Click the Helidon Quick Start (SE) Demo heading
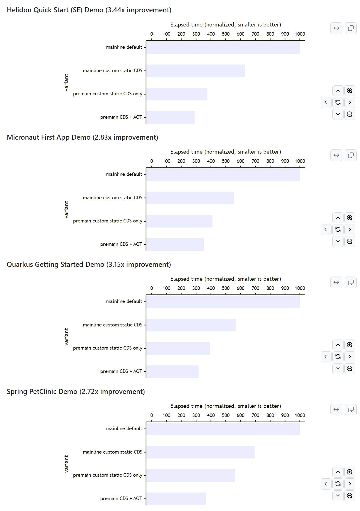pyautogui.click(x=89, y=10)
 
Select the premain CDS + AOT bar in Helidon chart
pyautogui.click(x=170, y=117)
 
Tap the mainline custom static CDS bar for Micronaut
pyautogui.click(x=190, y=198)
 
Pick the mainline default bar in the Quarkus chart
pyautogui.click(x=223, y=302)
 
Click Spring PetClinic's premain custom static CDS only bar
pyautogui.click(x=191, y=475)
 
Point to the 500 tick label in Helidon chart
pyautogui.click(x=226, y=34)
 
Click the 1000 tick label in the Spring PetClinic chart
pyautogui.click(x=300, y=415)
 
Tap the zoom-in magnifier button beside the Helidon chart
pyautogui.click(x=350, y=91)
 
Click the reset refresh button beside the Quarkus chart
pyautogui.click(x=338, y=357)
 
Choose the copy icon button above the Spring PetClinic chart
pyautogui.click(x=351, y=410)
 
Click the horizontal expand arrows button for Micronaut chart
pyautogui.click(x=336, y=155)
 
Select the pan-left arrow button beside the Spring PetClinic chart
pyautogui.click(x=326, y=484)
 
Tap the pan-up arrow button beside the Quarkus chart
pyautogui.click(x=338, y=345)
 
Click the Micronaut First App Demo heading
pyautogui.click(x=82, y=137)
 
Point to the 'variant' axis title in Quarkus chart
pyautogui.click(x=66, y=336)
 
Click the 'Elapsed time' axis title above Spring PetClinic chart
pyautogui.click(x=226, y=406)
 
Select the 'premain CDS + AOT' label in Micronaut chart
pyautogui.click(x=121, y=244)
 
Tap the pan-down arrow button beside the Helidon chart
pyautogui.click(x=338, y=114)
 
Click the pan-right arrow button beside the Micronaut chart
pyautogui.click(x=350, y=229)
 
